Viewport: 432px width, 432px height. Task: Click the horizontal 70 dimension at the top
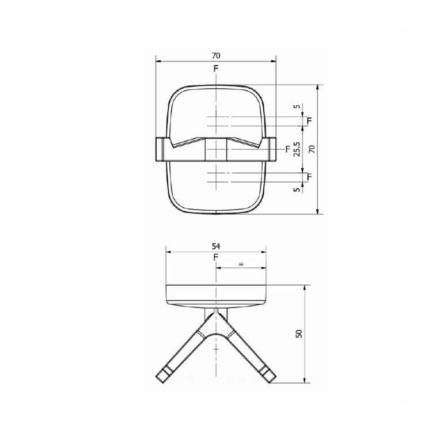click(215, 56)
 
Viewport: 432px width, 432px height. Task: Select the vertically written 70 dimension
click(312, 149)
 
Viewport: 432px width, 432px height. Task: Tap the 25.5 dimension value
click(297, 149)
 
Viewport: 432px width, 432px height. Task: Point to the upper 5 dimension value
click(297, 107)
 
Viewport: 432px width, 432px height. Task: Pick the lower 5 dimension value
click(297, 190)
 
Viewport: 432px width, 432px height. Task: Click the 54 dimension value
click(215, 246)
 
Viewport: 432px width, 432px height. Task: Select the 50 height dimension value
click(298, 334)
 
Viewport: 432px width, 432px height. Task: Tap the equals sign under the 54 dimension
click(241, 264)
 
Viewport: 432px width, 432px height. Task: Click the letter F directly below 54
click(215, 257)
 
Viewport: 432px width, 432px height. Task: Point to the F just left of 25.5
click(287, 149)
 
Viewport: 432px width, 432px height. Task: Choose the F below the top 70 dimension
click(215, 69)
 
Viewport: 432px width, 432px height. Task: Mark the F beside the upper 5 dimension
click(309, 120)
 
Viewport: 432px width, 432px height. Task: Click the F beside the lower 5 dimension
click(309, 176)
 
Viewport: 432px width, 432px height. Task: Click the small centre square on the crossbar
click(216, 149)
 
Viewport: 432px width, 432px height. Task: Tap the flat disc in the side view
click(215, 294)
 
